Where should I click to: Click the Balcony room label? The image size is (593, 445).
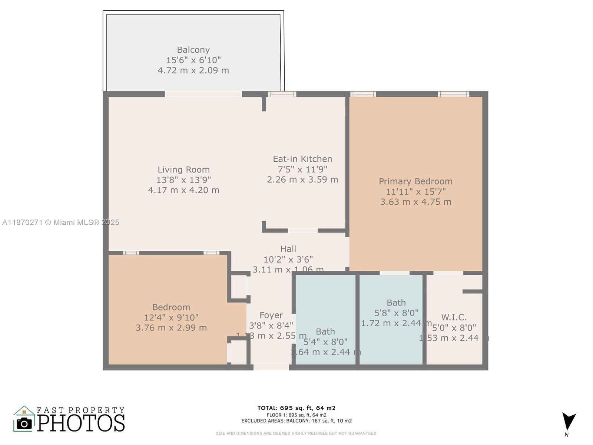click(193, 50)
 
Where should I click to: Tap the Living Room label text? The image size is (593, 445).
click(183, 169)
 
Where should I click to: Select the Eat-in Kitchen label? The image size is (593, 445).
click(302, 159)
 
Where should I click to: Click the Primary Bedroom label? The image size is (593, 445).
click(415, 181)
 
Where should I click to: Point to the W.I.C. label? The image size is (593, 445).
click(454, 317)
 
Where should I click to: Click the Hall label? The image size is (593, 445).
click(288, 249)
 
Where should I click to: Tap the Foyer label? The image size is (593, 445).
click(271, 315)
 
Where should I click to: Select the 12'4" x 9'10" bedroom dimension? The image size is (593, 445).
click(171, 317)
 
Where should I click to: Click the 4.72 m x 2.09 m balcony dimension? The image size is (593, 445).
click(193, 70)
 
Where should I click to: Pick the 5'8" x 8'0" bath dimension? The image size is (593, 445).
click(396, 313)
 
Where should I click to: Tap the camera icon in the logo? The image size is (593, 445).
click(24, 423)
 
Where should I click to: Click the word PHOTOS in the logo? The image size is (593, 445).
click(81, 423)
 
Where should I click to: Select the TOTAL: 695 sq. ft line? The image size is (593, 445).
click(296, 408)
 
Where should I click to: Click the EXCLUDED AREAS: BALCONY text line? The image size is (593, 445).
click(296, 421)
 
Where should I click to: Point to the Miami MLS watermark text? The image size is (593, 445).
click(61, 222)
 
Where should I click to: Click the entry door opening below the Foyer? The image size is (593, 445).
click(271, 367)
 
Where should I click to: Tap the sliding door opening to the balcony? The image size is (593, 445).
click(203, 94)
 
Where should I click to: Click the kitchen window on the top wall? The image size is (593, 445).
click(282, 94)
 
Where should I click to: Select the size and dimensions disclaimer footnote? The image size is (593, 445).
click(296, 433)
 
